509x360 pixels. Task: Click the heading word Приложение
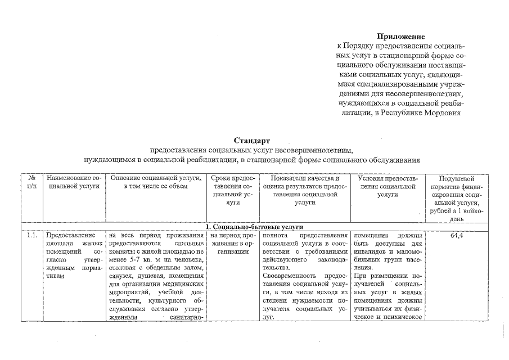tap(401, 36)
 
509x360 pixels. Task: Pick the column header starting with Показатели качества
tap(304, 190)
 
